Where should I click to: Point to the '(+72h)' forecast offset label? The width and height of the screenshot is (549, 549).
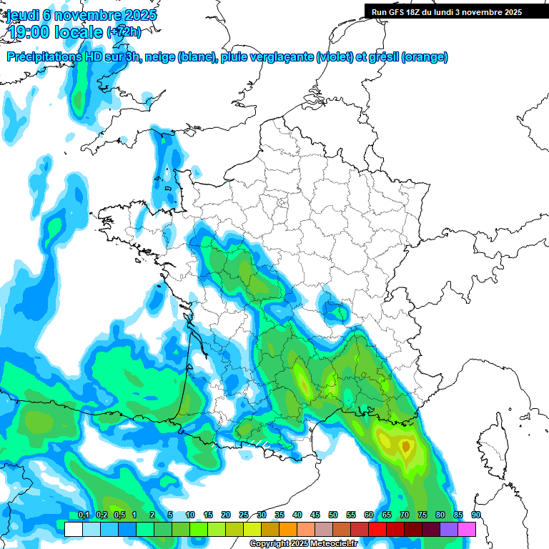[x=123, y=31]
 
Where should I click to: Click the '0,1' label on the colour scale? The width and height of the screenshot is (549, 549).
[x=83, y=515]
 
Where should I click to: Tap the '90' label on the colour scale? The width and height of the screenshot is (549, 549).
[x=476, y=515]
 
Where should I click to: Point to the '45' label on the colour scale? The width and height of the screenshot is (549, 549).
[x=315, y=515]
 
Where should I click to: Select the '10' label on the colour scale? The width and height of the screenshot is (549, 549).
[x=190, y=515]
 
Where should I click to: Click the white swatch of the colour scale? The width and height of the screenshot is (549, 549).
[x=73, y=529]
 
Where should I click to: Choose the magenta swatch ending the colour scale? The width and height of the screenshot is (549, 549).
[x=467, y=529]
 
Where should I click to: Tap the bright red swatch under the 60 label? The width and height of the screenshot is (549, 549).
[x=377, y=529]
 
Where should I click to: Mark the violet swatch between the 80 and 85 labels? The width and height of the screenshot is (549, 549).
[x=449, y=529]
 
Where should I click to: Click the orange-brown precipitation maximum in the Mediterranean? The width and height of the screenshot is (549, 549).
[x=406, y=447]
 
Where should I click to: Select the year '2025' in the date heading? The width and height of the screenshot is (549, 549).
[x=139, y=15]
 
